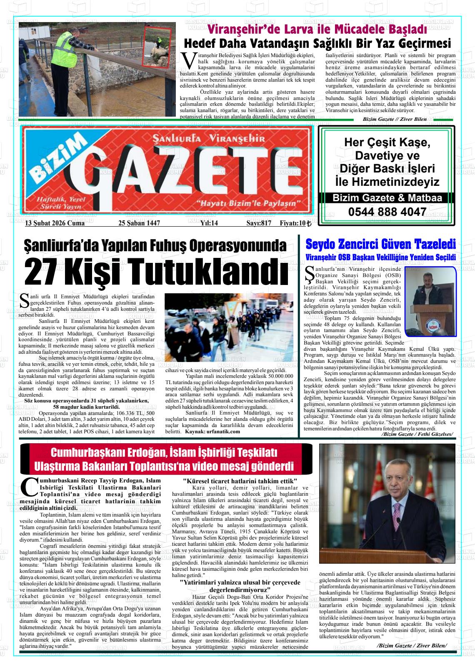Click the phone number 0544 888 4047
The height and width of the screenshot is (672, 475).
tap(387, 212)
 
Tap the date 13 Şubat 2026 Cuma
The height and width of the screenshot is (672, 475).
tap(55, 223)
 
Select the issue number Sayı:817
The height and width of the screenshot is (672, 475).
tap(259, 223)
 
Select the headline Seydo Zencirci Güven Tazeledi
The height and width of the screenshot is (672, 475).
tap(380, 244)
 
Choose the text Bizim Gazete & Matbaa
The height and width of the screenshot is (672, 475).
tap(387, 198)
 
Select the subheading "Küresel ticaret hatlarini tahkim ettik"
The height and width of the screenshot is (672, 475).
tap(240, 481)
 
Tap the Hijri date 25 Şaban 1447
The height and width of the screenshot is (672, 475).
tap(139, 223)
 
